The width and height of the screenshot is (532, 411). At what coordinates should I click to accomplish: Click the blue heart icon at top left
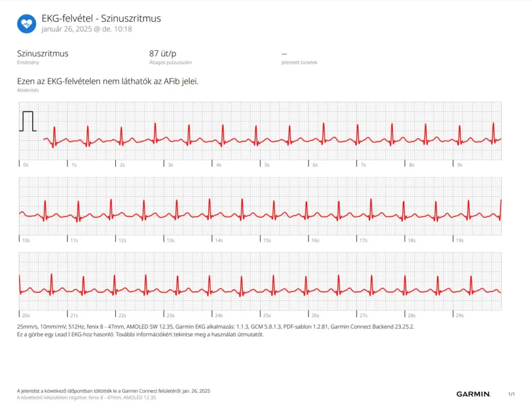(x=26, y=23)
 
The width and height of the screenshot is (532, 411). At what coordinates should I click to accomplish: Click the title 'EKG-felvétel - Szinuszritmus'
(x=101, y=18)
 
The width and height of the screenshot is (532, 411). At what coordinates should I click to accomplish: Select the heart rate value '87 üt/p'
(x=163, y=53)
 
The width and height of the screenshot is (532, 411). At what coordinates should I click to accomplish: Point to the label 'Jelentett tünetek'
(x=299, y=62)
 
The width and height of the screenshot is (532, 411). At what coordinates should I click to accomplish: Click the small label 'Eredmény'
(x=28, y=62)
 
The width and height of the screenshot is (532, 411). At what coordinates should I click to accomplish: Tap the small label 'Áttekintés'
(x=28, y=90)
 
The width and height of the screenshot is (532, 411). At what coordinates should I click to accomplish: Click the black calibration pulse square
(x=28, y=121)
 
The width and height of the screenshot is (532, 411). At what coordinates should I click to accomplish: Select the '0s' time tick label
(x=26, y=165)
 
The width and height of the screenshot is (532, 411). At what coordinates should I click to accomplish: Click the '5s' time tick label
(x=267, y=165)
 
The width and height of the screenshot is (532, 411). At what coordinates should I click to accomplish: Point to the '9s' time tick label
(x=459, y=165)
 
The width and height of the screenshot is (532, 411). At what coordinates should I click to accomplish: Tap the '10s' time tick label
(x=26, y=241)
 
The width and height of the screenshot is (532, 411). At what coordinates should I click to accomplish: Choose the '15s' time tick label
(x=267, y=241)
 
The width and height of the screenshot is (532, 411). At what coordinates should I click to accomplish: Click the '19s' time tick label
(x=459, y=241)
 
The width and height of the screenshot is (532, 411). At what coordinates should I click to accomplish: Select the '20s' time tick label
(x=26, y=315)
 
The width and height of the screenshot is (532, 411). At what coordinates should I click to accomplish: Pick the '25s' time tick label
(x=267, y=315)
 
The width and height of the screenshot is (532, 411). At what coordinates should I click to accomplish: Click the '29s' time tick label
(x=459, y=315)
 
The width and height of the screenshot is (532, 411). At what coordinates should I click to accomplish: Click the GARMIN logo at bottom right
(x=473, y=394)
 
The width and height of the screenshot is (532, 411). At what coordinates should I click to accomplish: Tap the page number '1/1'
(x=511, y=394)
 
